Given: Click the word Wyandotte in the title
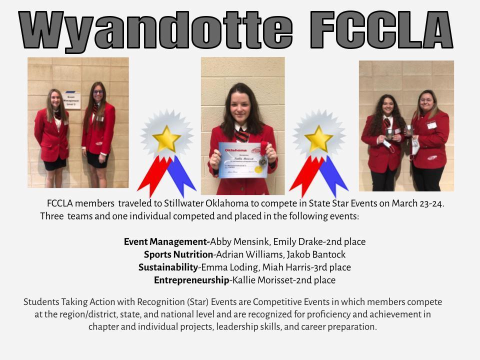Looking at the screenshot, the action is (x=155, y=30).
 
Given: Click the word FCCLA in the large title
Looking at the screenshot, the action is (x=381, y=30).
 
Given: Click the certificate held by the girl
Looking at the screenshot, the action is (x=243, y=160).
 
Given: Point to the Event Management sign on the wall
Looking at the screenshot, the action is (x=71, y=100).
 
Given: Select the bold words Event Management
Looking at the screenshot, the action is (x=166, y=242).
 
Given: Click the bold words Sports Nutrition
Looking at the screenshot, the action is (x=178, y=254).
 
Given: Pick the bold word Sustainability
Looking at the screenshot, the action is (x=168, y=267).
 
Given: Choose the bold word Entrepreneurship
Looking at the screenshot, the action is (x=191, y=280).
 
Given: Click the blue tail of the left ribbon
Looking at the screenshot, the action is (x=180, y=175).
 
